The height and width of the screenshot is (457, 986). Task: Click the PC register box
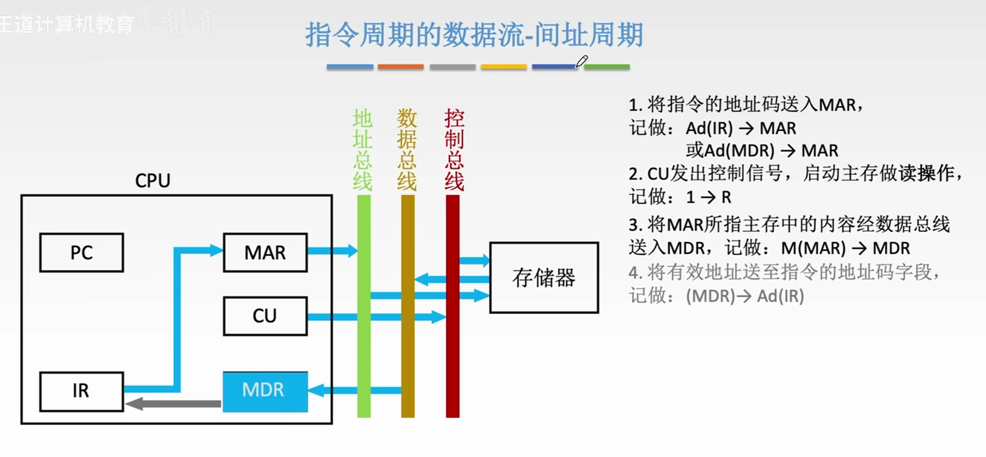pyautogui.click(x=82, y=253)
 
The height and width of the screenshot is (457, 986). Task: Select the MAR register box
pyautogui.click(x=265, y=253)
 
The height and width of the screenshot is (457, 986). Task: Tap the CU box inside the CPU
pyautogui.click(x=265, y=316)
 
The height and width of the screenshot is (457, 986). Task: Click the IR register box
pyautogui.click(x=81, y=391)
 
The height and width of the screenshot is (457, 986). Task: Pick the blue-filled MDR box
pyautogui.click(x=265, y=391)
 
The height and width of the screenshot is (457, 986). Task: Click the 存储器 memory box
pyautogui.click(x=544, y=278)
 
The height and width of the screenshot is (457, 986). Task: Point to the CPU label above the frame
pyautogui.click(x=153, y=181)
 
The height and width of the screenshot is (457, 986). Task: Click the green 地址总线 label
pyautogui.click(x=363, y=149)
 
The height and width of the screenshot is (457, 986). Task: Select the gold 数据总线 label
pyautogui.click(x=407, y=149)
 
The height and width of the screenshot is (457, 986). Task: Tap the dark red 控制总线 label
pyautogui.click(x=454, y=149)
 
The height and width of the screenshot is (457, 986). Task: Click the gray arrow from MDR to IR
pyautogui.click(x=173, y=404)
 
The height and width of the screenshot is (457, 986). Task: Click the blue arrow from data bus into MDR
pyautogui.click(x=355, y=391)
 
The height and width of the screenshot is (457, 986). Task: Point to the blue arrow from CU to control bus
pyautogui.click(x=377, y=317)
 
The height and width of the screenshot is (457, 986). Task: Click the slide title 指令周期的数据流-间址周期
pyautogui.click(x=474, y=34)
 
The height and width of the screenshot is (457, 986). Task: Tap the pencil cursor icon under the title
pyautogui.click(x=582, y=61)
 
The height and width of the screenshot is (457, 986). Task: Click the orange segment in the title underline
pyautogui.click(x=400, y=66)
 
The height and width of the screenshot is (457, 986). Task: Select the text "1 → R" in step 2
pyautogui.click(x=709, y=197)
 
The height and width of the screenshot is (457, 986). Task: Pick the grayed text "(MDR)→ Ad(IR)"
pyautogui.click(x=744, y=296)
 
